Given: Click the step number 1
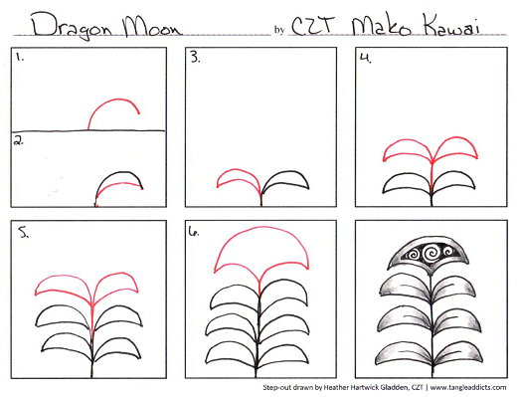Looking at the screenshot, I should tap(19, 58).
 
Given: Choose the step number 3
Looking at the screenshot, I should tap(196, 58).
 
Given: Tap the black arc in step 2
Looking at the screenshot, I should tap(117, 177).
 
